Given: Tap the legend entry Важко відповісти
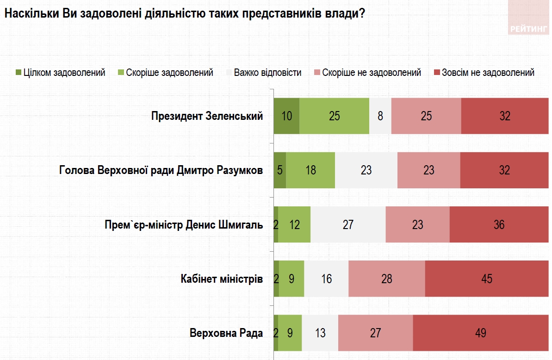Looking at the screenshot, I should (x=263, y=73).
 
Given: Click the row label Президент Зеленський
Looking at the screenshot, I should (x=207, y=116).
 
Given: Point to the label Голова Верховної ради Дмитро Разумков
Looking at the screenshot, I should (x=161, y=170).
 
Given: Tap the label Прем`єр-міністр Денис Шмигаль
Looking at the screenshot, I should (x=184, y=225).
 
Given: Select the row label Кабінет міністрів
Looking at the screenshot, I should (x=222, y=279).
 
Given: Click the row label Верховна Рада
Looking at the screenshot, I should (x=226, y=333).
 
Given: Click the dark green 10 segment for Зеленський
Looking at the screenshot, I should (x=286, y=116).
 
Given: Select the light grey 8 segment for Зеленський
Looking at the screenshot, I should (x=380, y=116).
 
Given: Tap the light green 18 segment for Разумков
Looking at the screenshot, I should (x=310, y=170).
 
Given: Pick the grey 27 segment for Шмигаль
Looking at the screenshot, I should (x=348, y=225).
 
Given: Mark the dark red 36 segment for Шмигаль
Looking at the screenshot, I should (x=499, y=225).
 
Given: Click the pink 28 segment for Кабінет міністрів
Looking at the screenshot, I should (x=386, y=279).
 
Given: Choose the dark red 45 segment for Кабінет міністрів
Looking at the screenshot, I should (x=486, y=279).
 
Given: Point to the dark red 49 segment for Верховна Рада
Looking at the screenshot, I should (x=481, y=333).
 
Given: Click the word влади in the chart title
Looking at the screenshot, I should (x=345, y=13).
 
